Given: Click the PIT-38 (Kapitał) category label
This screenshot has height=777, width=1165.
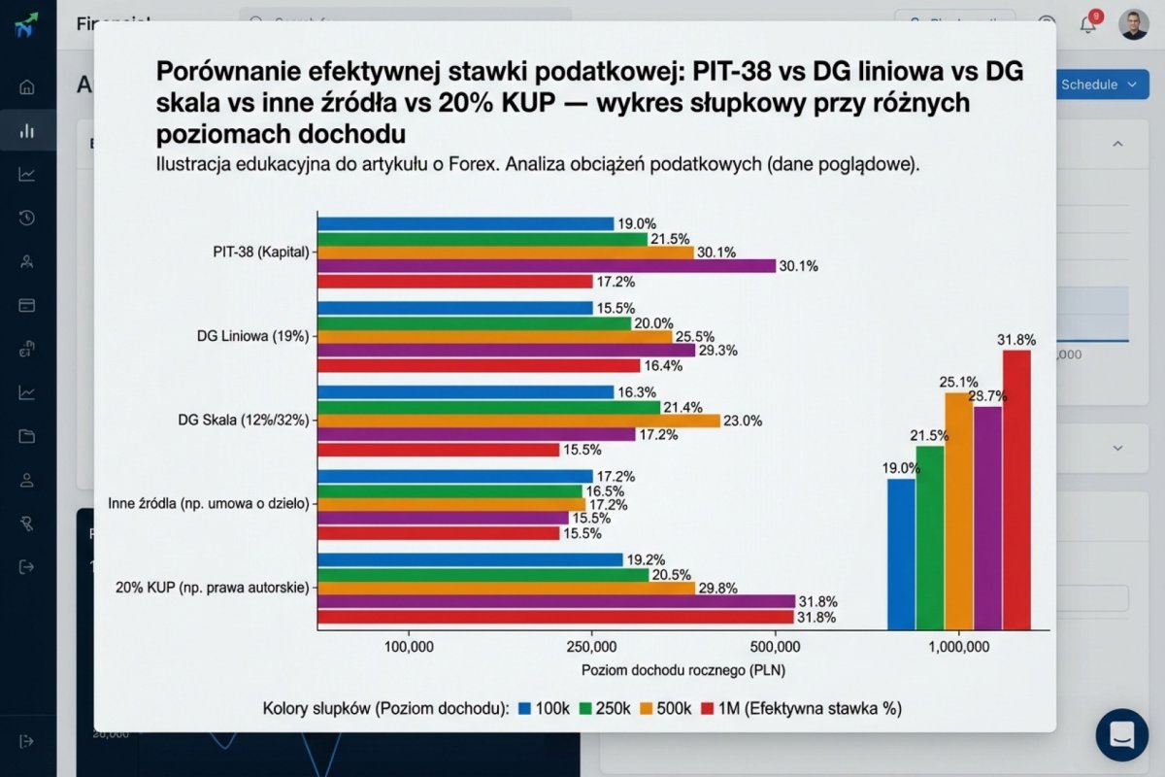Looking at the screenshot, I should tap(260, 252).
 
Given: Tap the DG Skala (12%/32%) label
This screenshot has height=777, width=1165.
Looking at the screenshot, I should tap(244, 421).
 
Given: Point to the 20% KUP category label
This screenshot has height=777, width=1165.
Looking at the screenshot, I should tap(212, 588).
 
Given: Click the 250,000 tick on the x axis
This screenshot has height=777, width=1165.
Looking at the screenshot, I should tap(591, 646).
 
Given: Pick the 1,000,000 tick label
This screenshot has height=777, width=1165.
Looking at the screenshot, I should tap(958, 646).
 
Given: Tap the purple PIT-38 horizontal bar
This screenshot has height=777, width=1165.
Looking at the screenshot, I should tap(547, 266).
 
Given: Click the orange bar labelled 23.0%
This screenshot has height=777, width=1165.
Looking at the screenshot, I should tap(519, 421).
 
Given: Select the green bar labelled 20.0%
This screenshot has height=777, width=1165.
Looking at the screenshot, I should tap(475, 322).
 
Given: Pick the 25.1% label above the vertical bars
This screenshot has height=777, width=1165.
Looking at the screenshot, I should tap(958, 382).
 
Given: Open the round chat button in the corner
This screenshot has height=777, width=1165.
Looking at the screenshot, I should tap(1121, 735).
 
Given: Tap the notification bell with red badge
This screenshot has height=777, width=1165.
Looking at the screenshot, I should tap(1088, 24).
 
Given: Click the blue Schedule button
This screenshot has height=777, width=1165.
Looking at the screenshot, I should tap(1097, 84).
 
